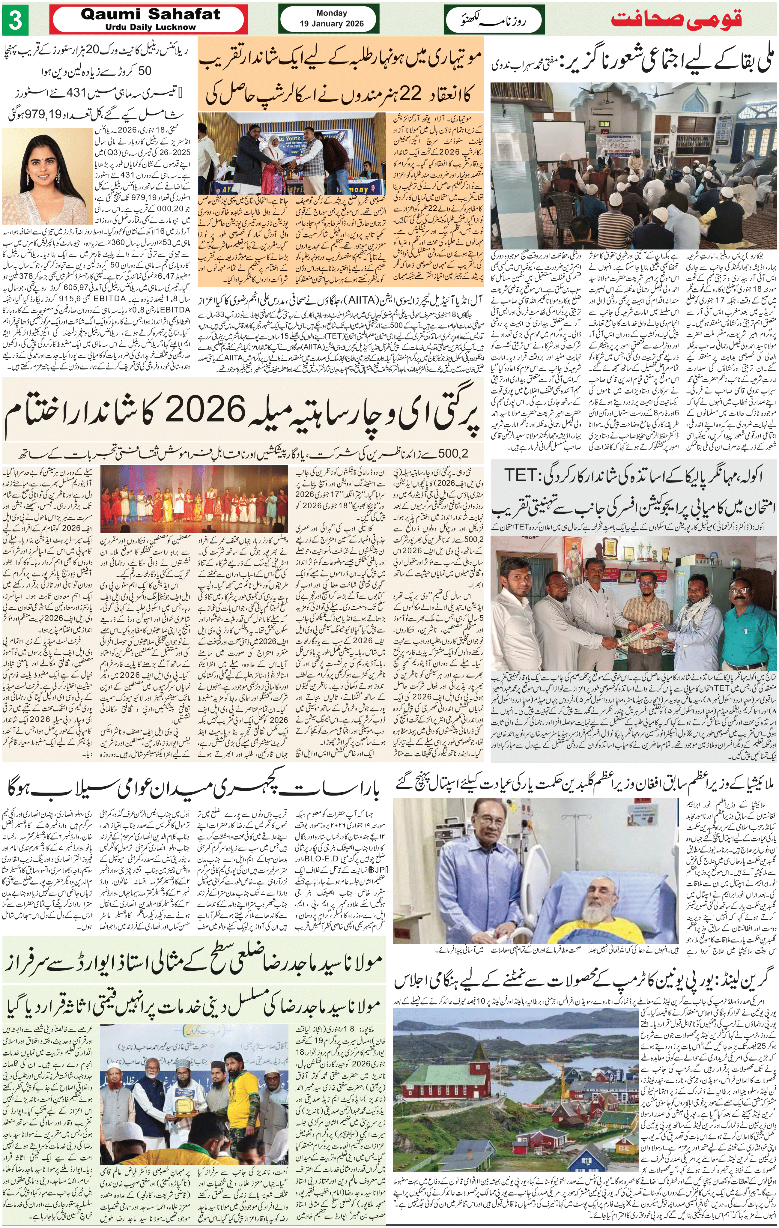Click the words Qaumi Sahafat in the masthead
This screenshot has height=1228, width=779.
[151, 15]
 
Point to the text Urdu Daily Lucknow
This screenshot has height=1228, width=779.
[151, 27]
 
